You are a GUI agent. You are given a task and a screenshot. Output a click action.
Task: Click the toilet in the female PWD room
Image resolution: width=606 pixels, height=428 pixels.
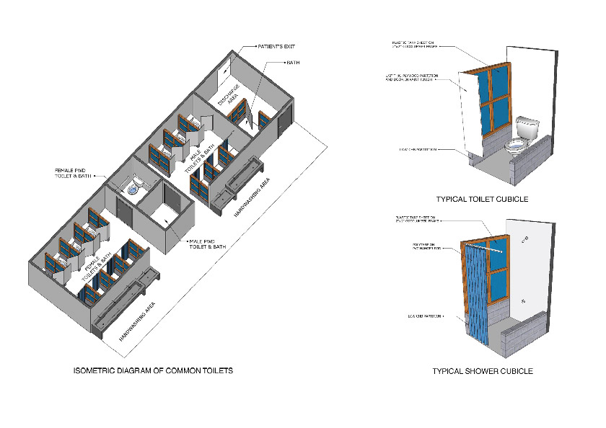133,191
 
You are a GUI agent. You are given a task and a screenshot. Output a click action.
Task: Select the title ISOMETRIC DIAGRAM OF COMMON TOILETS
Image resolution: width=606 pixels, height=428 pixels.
153,371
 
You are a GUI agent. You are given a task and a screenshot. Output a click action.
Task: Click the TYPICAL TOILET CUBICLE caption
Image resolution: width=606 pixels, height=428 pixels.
483,200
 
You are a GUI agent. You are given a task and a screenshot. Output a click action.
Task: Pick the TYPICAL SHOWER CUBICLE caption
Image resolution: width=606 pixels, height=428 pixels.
483,371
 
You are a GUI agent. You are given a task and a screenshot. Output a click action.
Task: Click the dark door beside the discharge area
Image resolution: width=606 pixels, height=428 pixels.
287,116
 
